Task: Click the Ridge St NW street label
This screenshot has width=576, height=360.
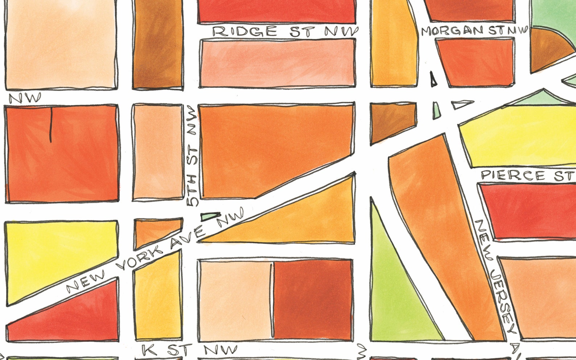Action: click(x=285, y=32)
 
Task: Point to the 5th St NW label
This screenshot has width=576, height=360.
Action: click(x=192, y=156)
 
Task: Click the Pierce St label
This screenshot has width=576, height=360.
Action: click(x=528, y=176)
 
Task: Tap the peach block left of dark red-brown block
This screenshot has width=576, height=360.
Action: click(x=235, y=299)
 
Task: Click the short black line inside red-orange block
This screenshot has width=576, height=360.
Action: click(x=51, y=125)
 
